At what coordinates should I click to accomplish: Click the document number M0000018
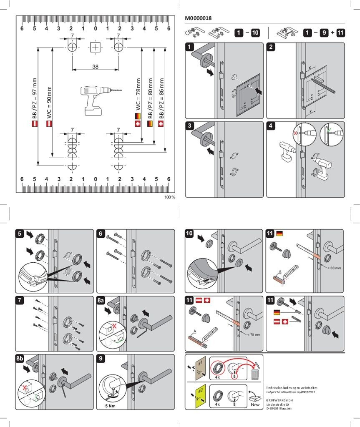tap(198, 18)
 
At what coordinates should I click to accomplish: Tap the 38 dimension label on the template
tap(95, 66)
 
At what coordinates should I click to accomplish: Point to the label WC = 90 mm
tap(49, 102)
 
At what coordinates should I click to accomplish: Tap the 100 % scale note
tap(170, 197)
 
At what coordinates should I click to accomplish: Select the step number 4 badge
tap(271, 126)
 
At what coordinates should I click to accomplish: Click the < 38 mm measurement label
tap(334, 268)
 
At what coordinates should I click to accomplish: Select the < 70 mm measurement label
tap(253, 334)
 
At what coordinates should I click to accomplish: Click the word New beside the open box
tap(255, 404)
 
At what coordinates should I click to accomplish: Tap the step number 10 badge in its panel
tap(190, 234)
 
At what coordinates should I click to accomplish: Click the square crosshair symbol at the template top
tap(96, 47)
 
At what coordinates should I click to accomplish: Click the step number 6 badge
tap(101, 234)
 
